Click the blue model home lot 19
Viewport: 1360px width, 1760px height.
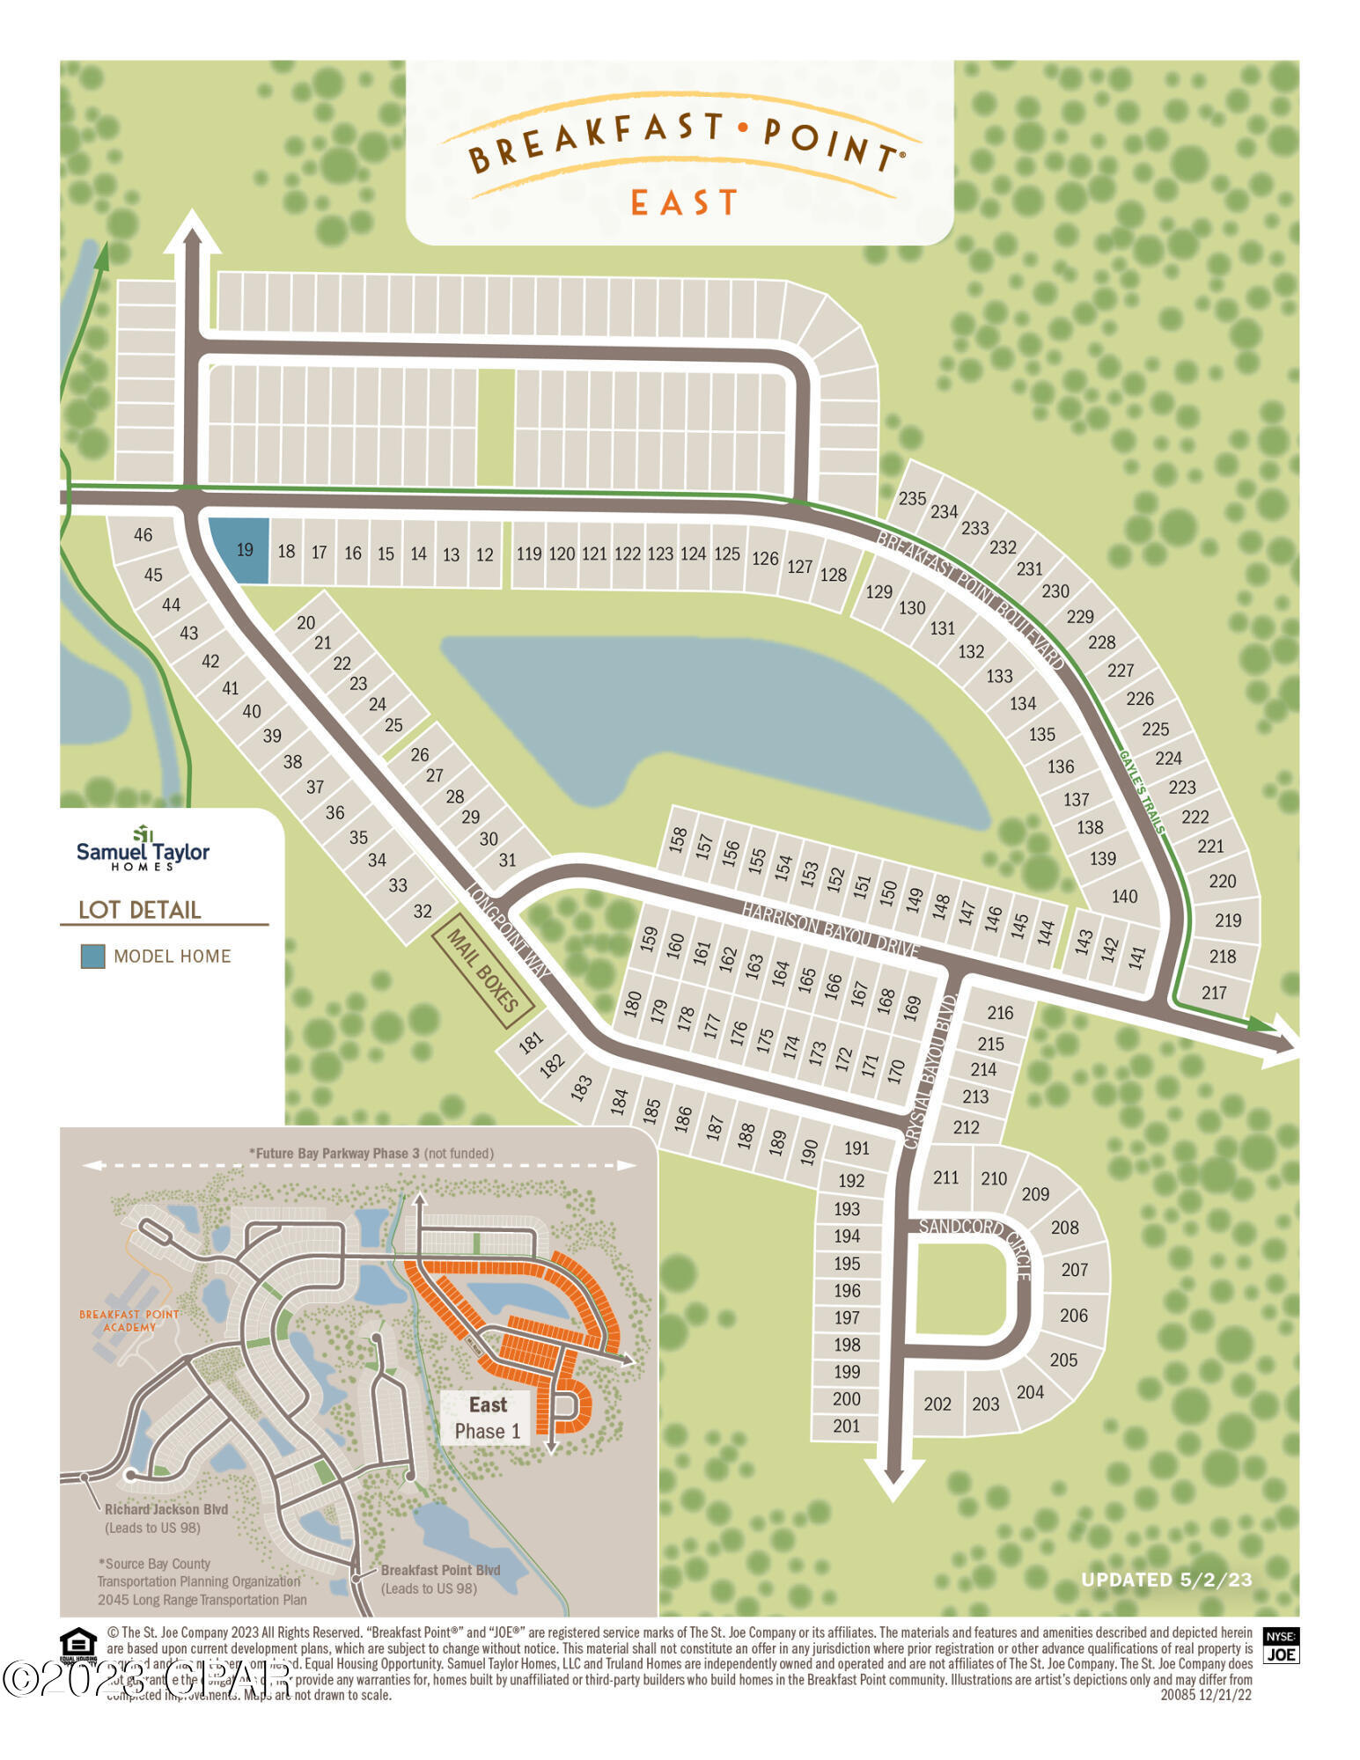tap(240, 550)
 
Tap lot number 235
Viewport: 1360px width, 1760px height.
tap(912, 499)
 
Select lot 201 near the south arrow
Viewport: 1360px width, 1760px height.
tap(847, 1426)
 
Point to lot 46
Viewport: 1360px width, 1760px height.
tap(143, 534)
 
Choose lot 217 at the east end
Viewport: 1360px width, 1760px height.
tap(1215, 993)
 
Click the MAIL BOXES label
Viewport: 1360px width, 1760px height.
tap(482, 971)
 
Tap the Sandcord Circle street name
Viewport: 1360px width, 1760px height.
tap(974, 1240)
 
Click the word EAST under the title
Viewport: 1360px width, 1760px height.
tap(684, 203)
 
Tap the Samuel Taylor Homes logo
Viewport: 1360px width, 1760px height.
tap(143, 848)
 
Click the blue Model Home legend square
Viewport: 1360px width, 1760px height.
tap(92, 957)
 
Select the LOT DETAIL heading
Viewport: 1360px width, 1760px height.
tap(140, 910)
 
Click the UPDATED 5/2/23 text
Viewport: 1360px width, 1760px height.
tap(1166, 1580)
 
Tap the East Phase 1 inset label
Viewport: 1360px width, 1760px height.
tap(488, 1418)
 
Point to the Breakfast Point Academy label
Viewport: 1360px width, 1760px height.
tap(129, 1321)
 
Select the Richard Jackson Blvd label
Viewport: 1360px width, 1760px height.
tap(166, 1509)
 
